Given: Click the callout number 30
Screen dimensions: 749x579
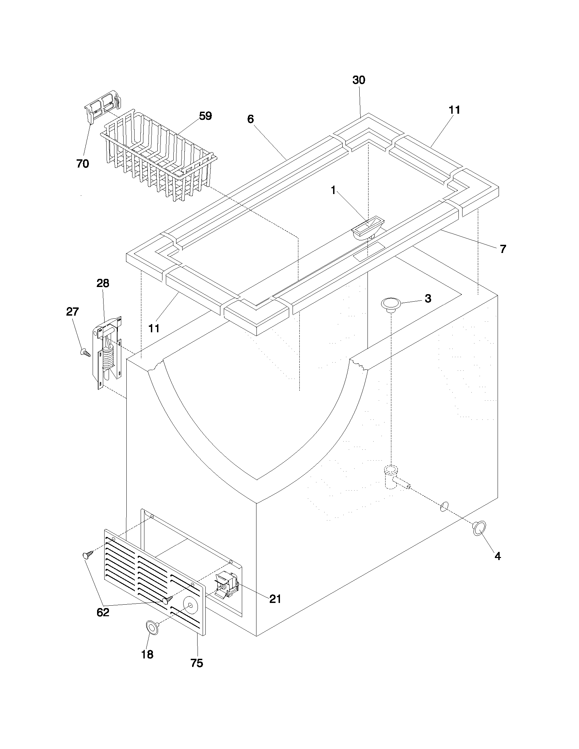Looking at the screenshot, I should pos(359,80).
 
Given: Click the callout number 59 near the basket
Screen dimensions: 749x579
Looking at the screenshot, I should pos(205,116).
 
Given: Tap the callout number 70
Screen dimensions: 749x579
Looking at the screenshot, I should pos(83,164).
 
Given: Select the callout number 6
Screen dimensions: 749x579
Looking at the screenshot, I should pos(250,119).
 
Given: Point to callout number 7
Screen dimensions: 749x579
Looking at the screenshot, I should pos(502,249).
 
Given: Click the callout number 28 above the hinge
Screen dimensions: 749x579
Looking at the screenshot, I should pos(103,283).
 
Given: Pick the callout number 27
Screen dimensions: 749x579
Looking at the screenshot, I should pos(72,312).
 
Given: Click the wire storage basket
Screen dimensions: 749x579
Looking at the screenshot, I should pos(158,154).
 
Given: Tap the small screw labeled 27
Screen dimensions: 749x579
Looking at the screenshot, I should pos(85,352).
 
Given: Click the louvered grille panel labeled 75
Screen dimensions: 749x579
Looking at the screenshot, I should pos(154,579).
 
